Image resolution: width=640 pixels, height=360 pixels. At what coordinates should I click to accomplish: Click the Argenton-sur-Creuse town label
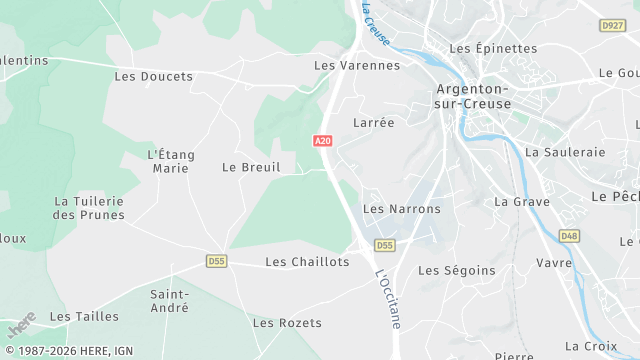473,96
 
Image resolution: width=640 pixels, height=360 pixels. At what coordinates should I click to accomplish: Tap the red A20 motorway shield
322,141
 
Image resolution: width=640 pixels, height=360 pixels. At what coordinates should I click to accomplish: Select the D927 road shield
612,25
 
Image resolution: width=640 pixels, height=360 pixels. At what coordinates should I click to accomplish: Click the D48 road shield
568,236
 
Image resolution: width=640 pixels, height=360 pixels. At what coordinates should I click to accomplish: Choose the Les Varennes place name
357,65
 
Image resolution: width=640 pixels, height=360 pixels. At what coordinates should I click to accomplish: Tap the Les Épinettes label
493,48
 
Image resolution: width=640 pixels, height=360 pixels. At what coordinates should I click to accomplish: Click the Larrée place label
374,122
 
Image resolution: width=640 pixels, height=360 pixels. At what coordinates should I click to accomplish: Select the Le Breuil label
251,167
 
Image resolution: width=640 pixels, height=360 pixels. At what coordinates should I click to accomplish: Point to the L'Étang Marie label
171,161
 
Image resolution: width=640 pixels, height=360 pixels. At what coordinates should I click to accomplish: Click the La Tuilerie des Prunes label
89,208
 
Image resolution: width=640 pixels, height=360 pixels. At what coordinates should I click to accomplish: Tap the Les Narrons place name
401,209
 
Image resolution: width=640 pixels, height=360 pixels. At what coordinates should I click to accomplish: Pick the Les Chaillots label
307,261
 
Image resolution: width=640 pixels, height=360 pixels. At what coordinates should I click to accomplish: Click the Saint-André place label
169,301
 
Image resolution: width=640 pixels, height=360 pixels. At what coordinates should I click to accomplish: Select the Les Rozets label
287,323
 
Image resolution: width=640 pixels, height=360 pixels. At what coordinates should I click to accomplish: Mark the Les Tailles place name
84,316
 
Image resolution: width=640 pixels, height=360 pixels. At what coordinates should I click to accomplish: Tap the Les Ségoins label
456,270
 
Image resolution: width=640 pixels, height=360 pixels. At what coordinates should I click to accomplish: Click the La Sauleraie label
565,152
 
